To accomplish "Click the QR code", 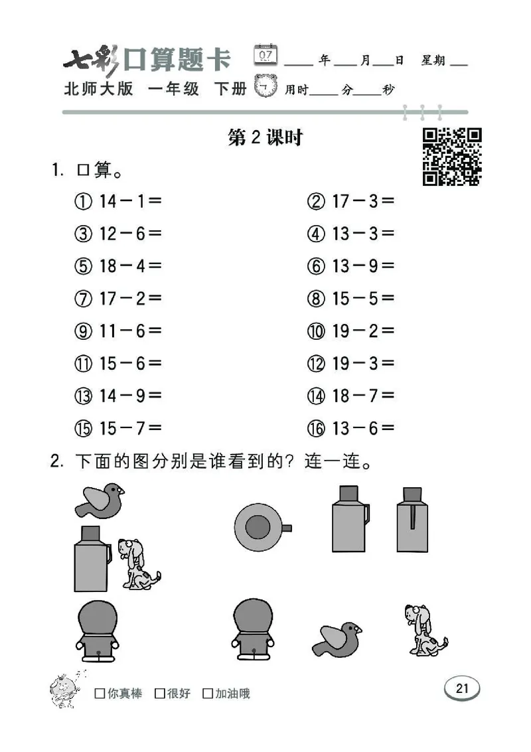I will [x=452, y=157].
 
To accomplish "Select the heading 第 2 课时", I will [x=265, y=137].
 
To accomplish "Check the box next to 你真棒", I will [x=100, y=694].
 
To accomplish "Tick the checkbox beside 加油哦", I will [x=208, y=694].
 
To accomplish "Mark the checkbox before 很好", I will [x=159, y=694].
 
